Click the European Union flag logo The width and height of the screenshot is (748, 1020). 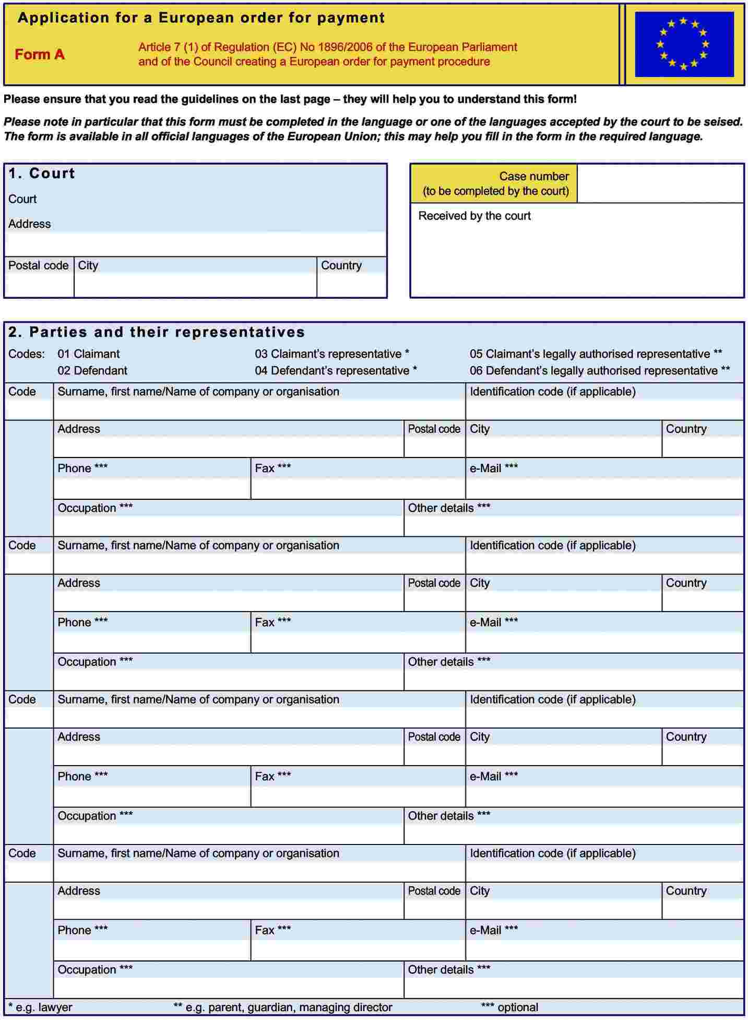684,44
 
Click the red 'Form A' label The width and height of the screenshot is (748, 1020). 40,54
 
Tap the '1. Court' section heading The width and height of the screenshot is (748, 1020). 42,173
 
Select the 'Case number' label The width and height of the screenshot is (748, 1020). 533,177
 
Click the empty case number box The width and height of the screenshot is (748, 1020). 660,183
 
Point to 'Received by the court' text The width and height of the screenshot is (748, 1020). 474,216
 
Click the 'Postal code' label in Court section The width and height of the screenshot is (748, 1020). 38,265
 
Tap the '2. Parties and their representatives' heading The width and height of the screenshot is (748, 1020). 157,332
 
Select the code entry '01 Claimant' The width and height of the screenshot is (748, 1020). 88,354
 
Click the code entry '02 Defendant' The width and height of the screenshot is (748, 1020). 92,371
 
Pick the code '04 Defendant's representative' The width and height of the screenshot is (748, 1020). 335,371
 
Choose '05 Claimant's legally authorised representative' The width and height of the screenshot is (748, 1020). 595,354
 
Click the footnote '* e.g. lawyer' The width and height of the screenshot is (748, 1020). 40,1007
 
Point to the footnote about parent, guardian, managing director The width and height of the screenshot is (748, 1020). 282,1007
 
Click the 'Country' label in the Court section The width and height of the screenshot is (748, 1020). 341,265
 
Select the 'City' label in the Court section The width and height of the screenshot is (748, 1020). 88,265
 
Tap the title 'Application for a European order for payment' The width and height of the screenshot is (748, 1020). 201,18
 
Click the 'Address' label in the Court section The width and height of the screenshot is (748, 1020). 29,224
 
